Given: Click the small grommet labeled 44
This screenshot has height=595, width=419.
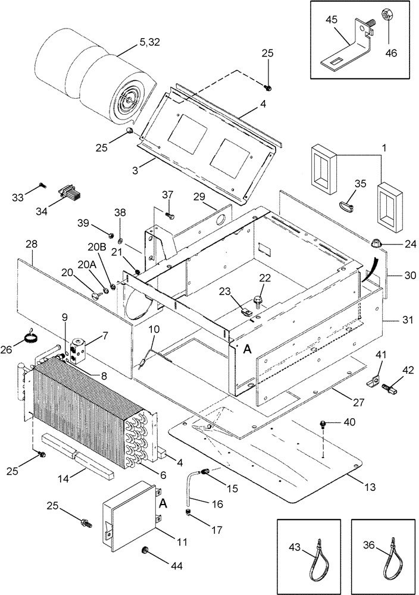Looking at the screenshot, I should point(145,549).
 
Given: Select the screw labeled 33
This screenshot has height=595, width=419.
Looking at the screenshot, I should point(41,185).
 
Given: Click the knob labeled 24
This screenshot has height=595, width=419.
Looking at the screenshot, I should point(375,243).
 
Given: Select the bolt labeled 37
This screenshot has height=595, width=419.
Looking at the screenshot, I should point(169,214).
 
